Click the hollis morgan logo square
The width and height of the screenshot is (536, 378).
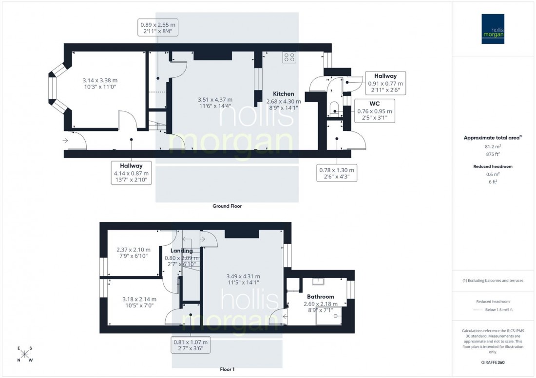[493, 29]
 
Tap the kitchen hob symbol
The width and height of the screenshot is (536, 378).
[289, 57]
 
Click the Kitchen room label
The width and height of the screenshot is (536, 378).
[283, 94]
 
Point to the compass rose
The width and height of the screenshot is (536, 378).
[25, 354]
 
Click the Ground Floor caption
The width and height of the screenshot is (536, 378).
[227, 206]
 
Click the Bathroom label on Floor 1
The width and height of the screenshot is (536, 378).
[320, 296]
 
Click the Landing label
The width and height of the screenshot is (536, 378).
[181, 251]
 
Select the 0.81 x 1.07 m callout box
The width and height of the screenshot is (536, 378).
[191, 345]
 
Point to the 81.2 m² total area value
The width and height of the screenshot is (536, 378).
[493, 145]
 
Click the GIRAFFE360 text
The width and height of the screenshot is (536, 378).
[493, 362]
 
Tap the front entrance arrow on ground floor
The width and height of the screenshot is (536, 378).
[66, 141]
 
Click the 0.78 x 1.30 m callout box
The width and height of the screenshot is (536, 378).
[336, 173]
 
